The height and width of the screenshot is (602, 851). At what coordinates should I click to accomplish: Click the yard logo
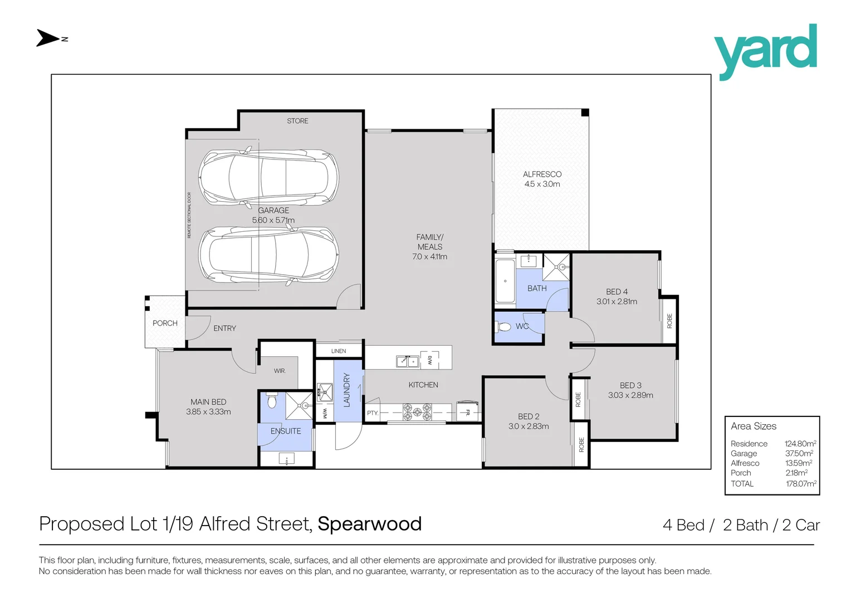[x=765, y=52]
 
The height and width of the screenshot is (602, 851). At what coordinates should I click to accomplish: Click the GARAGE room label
[x=273, y=210]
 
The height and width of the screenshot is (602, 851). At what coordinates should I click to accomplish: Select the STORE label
[x=297, y=121]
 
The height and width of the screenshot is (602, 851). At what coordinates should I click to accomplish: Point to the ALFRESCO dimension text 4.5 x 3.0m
[x=542, y=184]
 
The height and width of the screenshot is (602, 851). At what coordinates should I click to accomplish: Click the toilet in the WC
[x=504, y=327]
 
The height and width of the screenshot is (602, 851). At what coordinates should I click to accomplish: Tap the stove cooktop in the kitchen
[x=417, y=412]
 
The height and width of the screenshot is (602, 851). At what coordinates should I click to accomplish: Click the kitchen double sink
[x=407, y=361]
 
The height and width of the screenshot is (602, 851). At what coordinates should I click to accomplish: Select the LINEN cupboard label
[x=339, y=351]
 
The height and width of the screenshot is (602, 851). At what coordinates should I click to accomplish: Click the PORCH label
[x=165, y=323]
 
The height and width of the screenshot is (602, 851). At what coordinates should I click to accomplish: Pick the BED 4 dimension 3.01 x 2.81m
[x=617, y=302]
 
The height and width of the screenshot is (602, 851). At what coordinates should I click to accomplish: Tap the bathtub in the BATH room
[x=505, y=281]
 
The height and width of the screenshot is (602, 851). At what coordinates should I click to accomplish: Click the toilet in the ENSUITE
[x=271, y=401]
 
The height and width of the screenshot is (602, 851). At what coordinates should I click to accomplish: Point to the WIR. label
[x=280, y=371]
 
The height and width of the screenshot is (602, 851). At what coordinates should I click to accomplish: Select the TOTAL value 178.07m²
[x=801, y=484]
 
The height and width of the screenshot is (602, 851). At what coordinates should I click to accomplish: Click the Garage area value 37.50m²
[x=799, y=453]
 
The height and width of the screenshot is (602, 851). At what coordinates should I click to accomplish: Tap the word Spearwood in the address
[x=370, y=523]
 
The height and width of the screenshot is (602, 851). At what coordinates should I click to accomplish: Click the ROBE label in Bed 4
[x=669, y=321]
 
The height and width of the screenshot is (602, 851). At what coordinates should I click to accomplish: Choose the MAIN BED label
[x=208, y=402]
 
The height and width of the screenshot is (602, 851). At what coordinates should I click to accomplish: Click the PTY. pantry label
[x=373, y=413]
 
